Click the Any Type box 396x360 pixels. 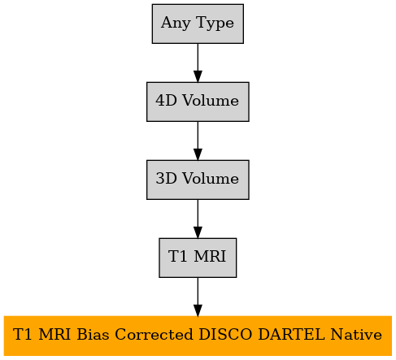198,24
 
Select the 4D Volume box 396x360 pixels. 198,102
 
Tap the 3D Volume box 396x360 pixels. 198,180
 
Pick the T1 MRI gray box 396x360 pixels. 198,258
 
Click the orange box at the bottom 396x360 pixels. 198,336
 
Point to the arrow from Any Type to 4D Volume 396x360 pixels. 198,63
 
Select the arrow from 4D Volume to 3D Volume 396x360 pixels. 198,141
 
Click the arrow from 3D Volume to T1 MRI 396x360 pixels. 198,219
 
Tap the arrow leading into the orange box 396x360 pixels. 198,297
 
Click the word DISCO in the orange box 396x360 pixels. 225,334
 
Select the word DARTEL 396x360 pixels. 291,334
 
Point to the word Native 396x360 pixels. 356,334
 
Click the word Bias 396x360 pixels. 93,334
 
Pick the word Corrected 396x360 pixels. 154,334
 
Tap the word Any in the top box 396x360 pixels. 176,24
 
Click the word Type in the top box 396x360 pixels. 215,24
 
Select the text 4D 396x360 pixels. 166,100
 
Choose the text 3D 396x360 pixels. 166,178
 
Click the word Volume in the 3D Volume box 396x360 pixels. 211,178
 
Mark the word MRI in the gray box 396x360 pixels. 210,256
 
